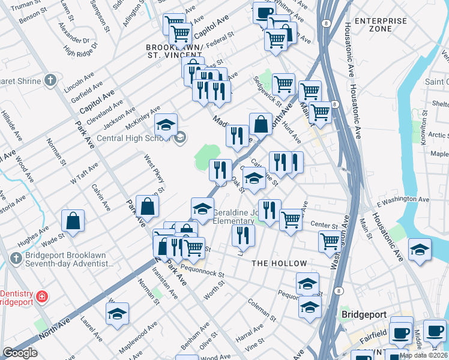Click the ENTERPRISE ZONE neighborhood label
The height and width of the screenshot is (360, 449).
[380, 25]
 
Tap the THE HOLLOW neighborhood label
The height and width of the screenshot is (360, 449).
[279, 263]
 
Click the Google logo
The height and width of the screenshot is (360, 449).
[20, 353]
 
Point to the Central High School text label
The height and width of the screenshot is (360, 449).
[133, 138]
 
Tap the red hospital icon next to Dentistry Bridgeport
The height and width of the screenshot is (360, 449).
[42, 296]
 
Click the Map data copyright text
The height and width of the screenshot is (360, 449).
[424, 355]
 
